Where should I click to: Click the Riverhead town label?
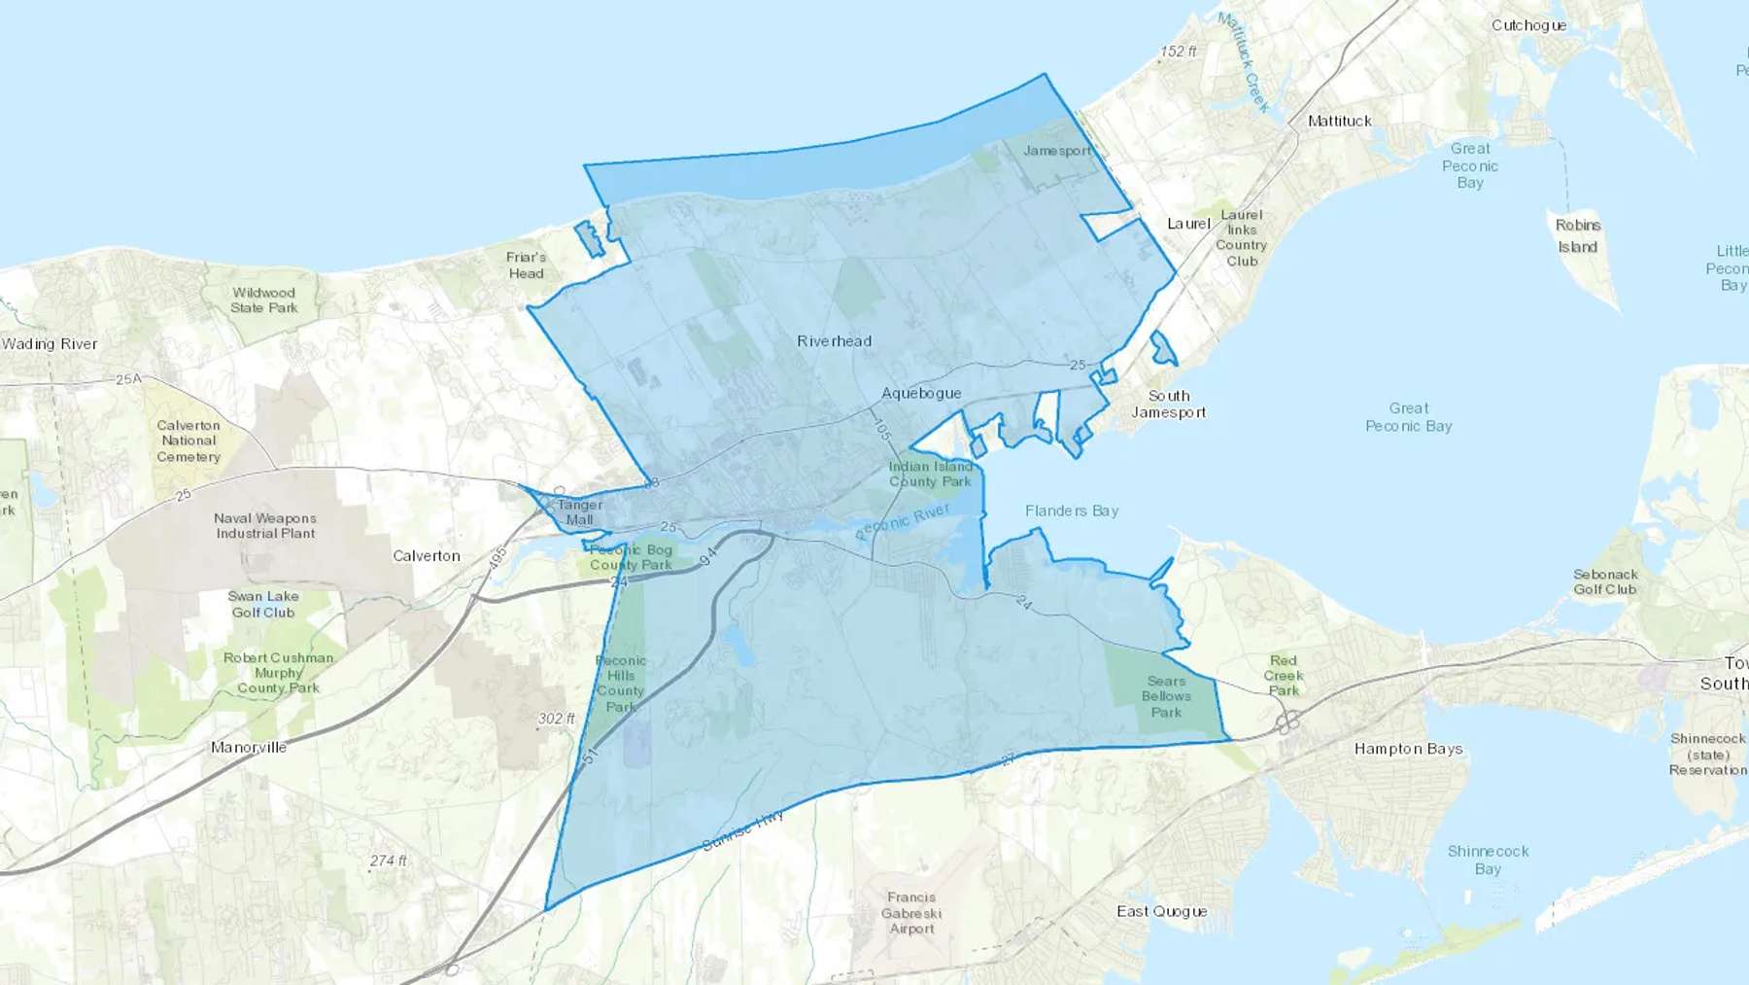tap(834, 341)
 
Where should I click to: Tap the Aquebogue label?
tap(921, 393)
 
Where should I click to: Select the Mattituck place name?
tap(1339, 121)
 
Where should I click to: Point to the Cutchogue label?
tap(1528, 25)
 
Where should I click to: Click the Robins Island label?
tap(1578, 235)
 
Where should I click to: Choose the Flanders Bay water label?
tap(1071, 510)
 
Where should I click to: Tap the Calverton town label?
tap(427, 555)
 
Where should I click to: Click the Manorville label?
tap(249, 747)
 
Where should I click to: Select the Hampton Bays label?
tap(1408, 749)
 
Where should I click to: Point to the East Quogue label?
tap(1161, 911)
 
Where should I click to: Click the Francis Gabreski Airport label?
tap(911, 913)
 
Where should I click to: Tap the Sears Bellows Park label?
tap(1166, 696)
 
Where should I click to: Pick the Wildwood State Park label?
tap(263, 299)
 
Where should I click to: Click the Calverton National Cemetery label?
tap(189, 440)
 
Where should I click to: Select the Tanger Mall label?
tap(580, 511)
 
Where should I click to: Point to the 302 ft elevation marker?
tap(556, 719)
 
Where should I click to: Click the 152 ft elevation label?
tap(1178, 51)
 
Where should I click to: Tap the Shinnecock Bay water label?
tap(1488, 860)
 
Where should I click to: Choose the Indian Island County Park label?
tap(930, 474)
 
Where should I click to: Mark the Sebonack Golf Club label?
tap(1604, 581)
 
